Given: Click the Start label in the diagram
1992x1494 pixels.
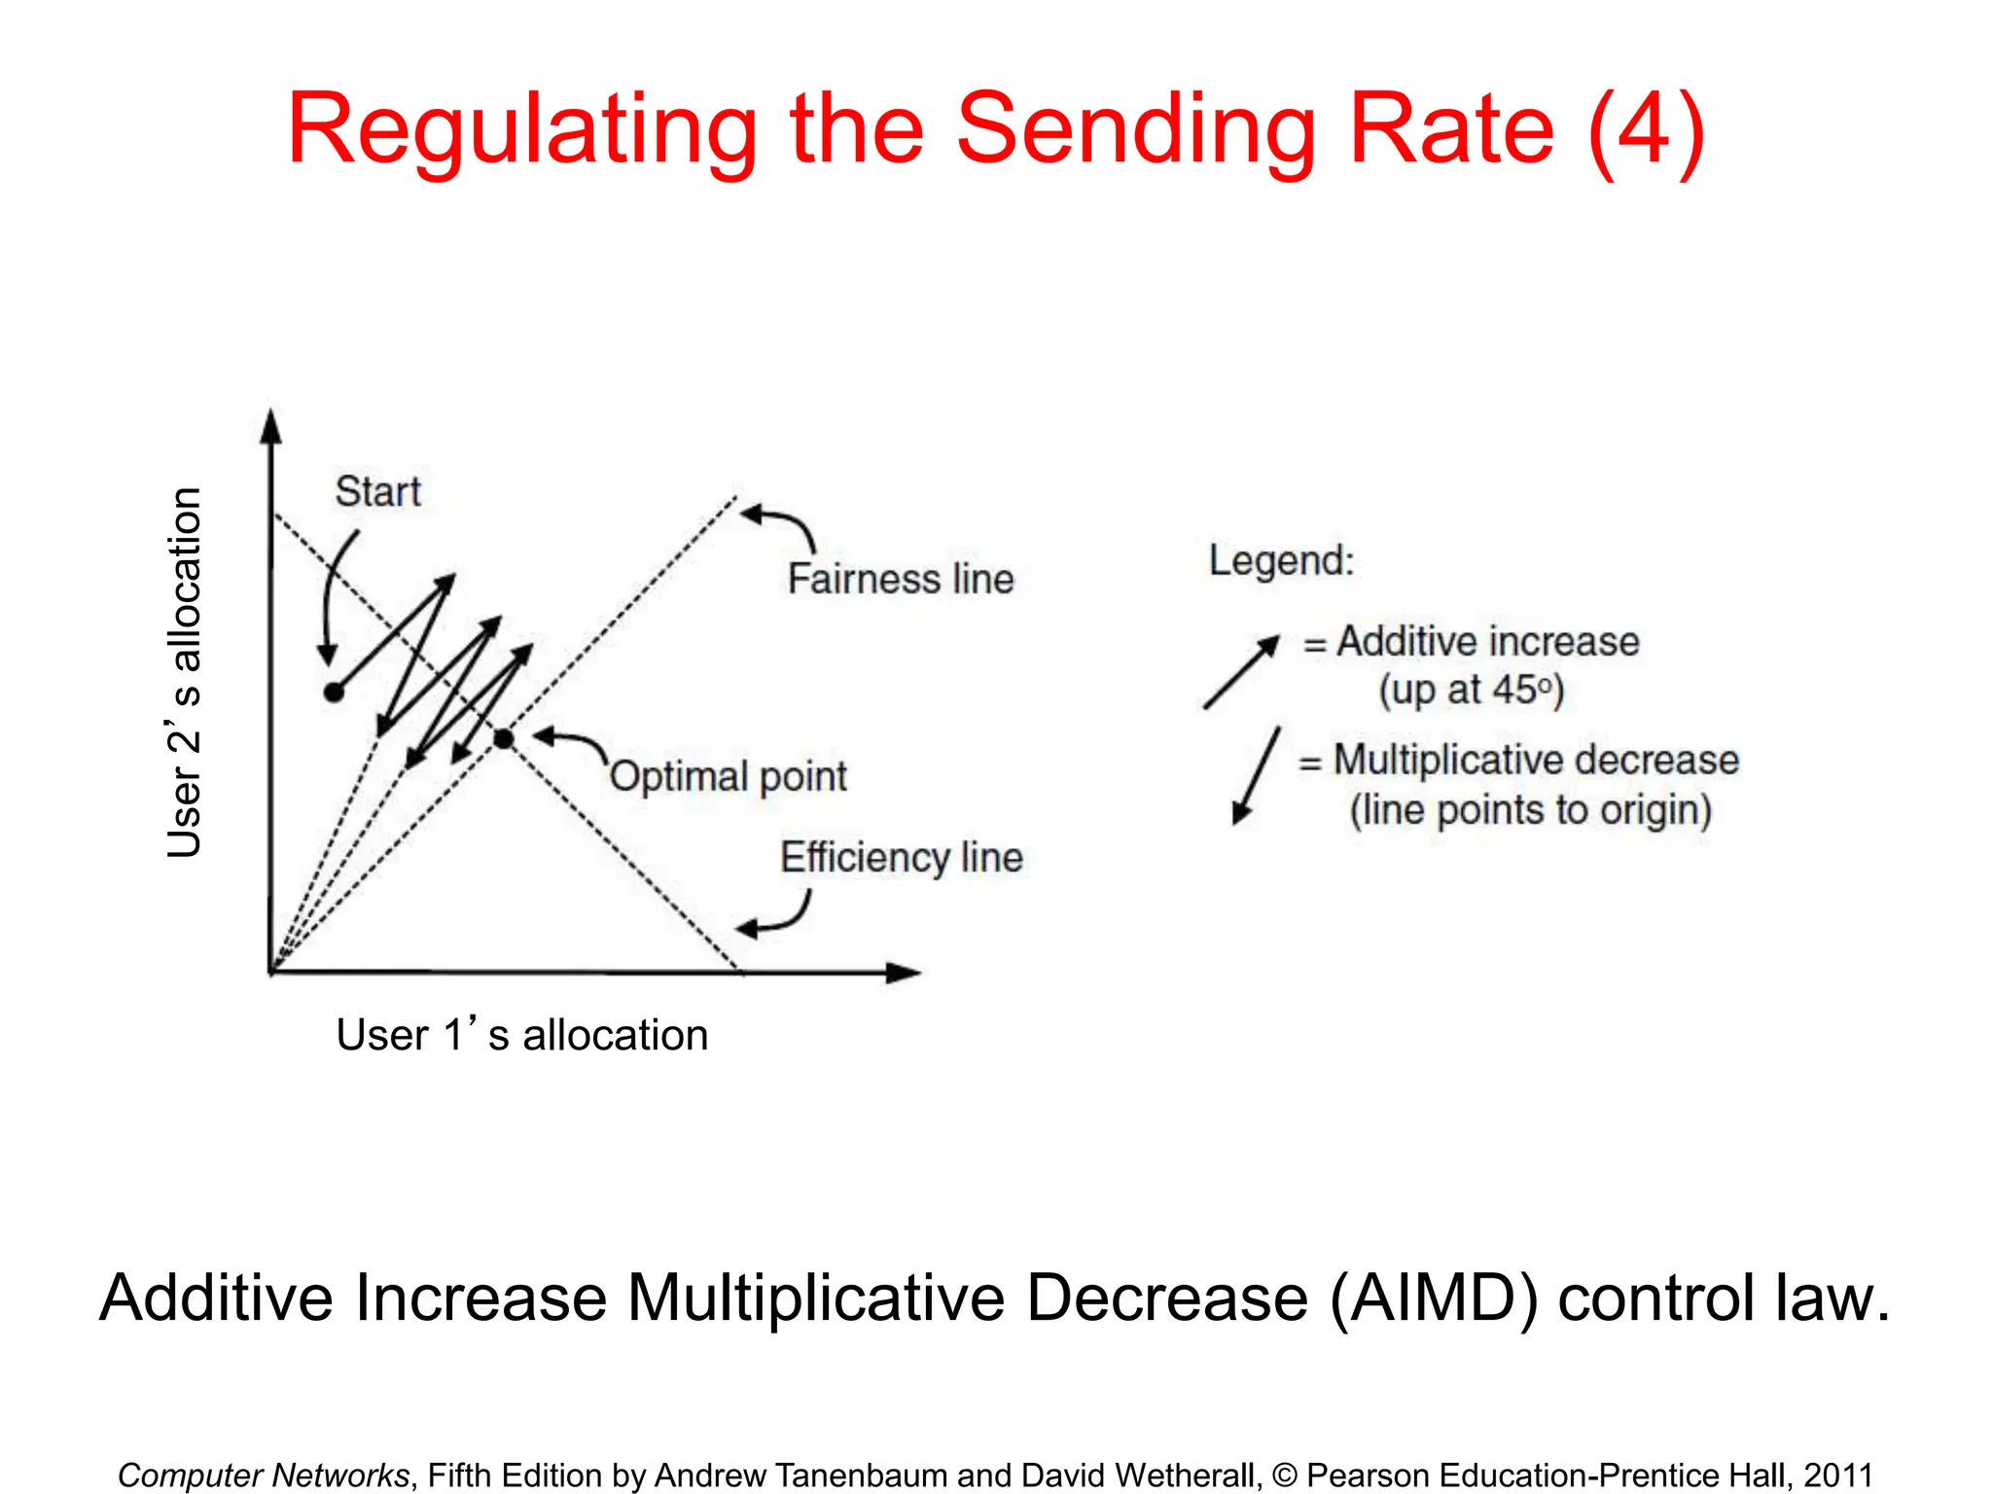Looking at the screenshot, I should (377, 491).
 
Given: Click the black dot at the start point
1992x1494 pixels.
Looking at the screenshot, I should (334, 693).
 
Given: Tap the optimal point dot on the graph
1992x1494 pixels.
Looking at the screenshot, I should (503, 739).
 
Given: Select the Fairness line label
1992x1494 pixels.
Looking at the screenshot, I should (901, 579).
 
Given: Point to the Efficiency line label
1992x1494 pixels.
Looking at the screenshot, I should (902, 858).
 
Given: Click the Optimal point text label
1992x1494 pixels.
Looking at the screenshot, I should (729, 776).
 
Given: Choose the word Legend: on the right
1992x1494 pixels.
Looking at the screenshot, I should (1281, 560).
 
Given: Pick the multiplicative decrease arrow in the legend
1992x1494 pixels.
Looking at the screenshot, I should (1256, 776).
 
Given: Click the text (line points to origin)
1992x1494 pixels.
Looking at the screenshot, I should (1530, 810).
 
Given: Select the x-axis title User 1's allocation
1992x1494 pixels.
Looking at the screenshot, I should (521, 1035).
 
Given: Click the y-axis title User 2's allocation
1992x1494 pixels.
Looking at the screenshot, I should (184, 672).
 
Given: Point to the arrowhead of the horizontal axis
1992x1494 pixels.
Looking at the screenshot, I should (904, 973).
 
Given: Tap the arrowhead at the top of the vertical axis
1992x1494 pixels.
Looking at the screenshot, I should (271, 426).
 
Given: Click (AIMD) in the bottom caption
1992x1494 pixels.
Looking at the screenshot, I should (1434, 1298).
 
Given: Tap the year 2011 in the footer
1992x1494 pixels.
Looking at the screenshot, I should (1838, 1476).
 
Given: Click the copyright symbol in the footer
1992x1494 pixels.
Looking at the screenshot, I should (1284, 1476).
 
